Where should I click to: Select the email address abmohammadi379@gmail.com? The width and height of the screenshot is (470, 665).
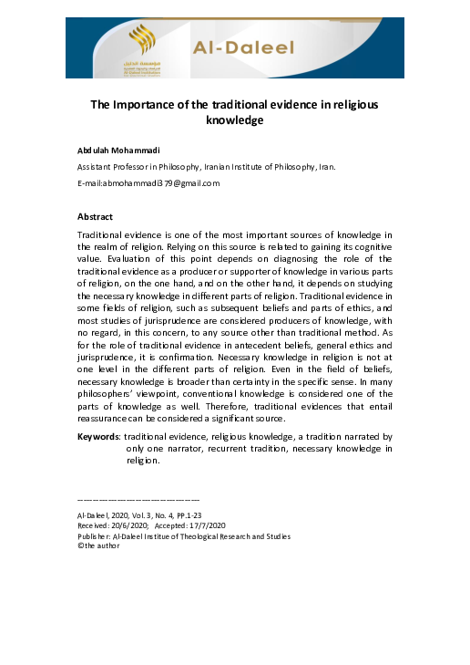pyautogui.click(x=160, y=182)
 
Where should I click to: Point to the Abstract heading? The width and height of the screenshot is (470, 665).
pyautogui.click(x=96, y=217)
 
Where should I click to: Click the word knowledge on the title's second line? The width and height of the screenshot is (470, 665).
pyautogui.click(x=234, y=119)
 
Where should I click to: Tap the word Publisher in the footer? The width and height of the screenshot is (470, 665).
pyautogui.click(x=97, y=536)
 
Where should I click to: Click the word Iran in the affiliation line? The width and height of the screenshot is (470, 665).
pyautogui.click(x=325, y=168)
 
